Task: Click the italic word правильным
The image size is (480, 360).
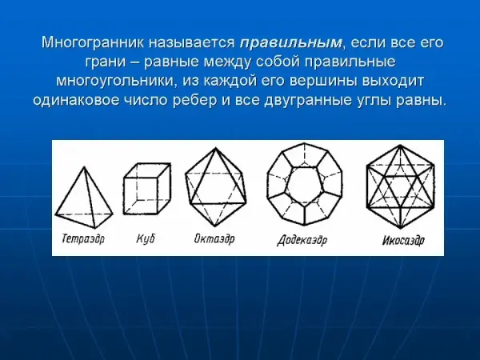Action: pos(290,43)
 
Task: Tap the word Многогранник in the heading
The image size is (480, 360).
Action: pos(93,43)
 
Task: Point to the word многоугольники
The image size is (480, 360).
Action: pos(117,81)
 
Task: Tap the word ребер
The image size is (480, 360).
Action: pos(194,100)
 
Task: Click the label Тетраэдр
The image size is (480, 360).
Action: pos(83,238)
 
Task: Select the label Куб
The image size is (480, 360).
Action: pos(146,238)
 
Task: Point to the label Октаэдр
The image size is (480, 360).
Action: pos(214,238)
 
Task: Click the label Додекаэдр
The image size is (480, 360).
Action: pos(302,240)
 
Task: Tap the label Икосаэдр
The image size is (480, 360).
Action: pos(403,240)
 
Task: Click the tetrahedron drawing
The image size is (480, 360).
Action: pos(84,199)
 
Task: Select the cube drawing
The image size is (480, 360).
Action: pos(147,189)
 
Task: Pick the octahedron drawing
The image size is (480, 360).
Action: pos(215,187)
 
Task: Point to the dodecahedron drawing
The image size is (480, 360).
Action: pos(304,182)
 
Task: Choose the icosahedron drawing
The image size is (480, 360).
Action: pos(401,186)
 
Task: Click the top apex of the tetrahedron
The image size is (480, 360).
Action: pos(84,167)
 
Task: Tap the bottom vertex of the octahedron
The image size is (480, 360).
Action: pos(215,226)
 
